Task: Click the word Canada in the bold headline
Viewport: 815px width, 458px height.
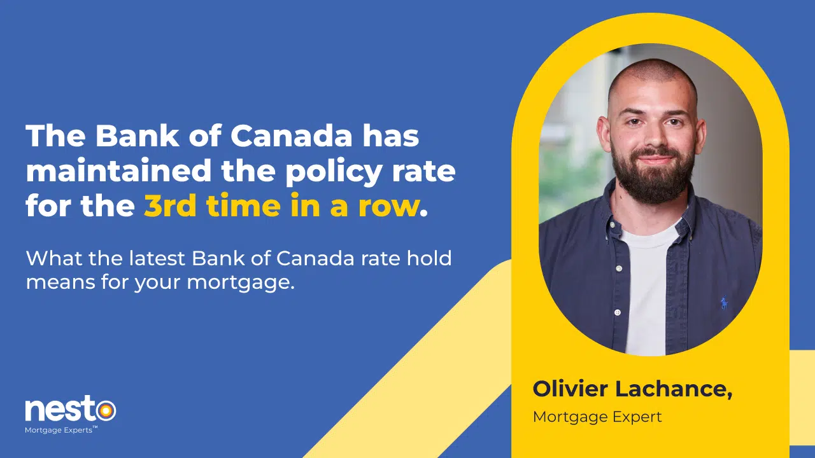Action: tap(291, 136)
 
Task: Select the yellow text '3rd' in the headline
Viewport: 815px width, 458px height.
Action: tap(170, 205)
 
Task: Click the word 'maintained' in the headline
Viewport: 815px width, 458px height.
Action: tap(118, 170)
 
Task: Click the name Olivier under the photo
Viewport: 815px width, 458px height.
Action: tap(570, 389)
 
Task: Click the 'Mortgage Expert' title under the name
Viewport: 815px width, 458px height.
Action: tap(597, 417)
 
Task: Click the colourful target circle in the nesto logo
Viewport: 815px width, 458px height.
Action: tap(106, 411)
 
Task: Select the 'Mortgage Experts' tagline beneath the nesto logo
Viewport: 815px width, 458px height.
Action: tap(60, 430)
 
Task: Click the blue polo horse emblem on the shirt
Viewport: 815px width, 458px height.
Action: tap(724, 303)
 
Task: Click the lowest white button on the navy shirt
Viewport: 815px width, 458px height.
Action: tap(618, 312)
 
